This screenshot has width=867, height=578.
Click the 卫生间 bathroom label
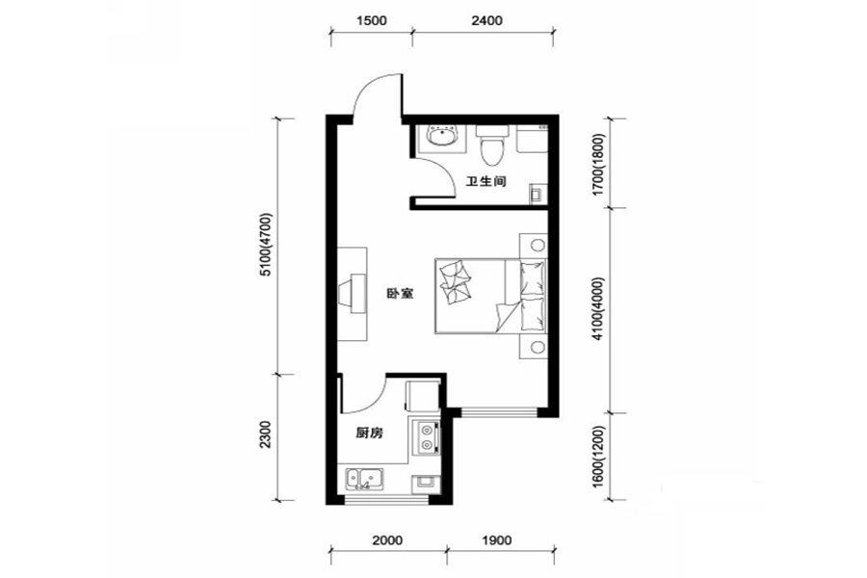tap(486, 181)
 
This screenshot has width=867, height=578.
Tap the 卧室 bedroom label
tap(400, 294)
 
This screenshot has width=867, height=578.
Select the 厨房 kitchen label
tap(369, 433)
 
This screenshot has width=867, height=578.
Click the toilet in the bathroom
tap(492, 144)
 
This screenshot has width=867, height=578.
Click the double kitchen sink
tap(365, 479)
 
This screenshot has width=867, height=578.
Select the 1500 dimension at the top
tap(372, 21)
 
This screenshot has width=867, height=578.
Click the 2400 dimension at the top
tap(487, 21)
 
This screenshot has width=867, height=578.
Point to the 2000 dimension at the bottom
tap(387, 540)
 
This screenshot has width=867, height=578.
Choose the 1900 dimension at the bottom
tap(496, 540)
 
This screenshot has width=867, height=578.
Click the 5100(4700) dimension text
tap(267, 245)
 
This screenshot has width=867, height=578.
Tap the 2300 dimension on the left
tap(267, 434)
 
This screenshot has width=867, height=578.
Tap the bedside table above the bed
tap(534, 245)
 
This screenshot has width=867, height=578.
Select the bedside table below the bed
tap(534, 346)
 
